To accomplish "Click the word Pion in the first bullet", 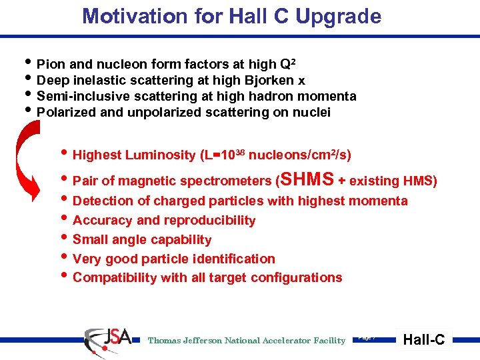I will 50,65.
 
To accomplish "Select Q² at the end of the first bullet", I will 288,64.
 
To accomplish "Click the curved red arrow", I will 29,160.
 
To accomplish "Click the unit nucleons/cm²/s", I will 304,155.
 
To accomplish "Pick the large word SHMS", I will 307,180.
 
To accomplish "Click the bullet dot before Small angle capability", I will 65,239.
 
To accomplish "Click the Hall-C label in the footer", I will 425,340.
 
